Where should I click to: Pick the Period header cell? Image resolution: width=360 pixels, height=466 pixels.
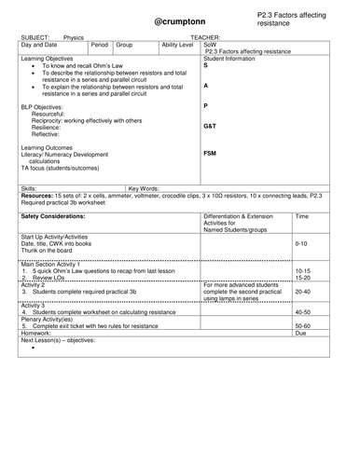pyautogui.click(x=101, y=45)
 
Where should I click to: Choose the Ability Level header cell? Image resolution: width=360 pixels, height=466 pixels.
pyautogui.click(x=179, y=45)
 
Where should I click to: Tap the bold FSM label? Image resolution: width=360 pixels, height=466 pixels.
pyautogui.click(x=210, y=153)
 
